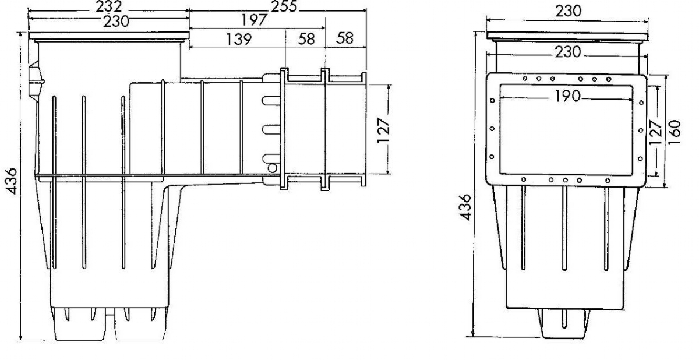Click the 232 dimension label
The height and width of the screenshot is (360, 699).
[108, 6]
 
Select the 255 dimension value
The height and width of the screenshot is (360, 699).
[284, 6]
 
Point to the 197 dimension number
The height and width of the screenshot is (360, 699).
[255, 20]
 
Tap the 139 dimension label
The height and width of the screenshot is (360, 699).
[239, 39]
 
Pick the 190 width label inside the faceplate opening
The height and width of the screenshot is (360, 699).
[567, 96]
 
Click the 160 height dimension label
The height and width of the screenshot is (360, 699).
[675, 132]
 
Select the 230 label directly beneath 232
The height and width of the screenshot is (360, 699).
[116, 22]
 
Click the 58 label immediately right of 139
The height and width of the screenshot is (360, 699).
[306, 39]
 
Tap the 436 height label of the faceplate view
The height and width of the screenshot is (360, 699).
[465, 207]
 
